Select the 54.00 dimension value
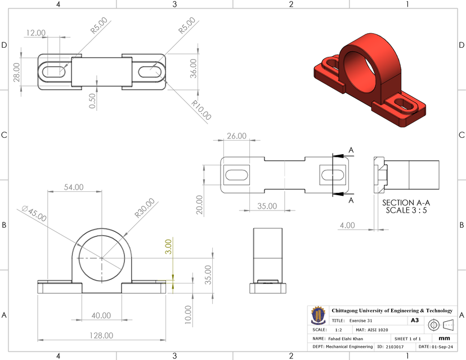tap(73, 187)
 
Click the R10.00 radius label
tap(201, 111)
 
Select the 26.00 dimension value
tap(236, 136)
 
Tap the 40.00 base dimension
tap(101, 316)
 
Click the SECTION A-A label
tap(406, 202)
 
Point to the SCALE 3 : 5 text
tap(406, 210)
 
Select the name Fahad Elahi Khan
tap(346, 339)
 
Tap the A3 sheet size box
tap(415, 320)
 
